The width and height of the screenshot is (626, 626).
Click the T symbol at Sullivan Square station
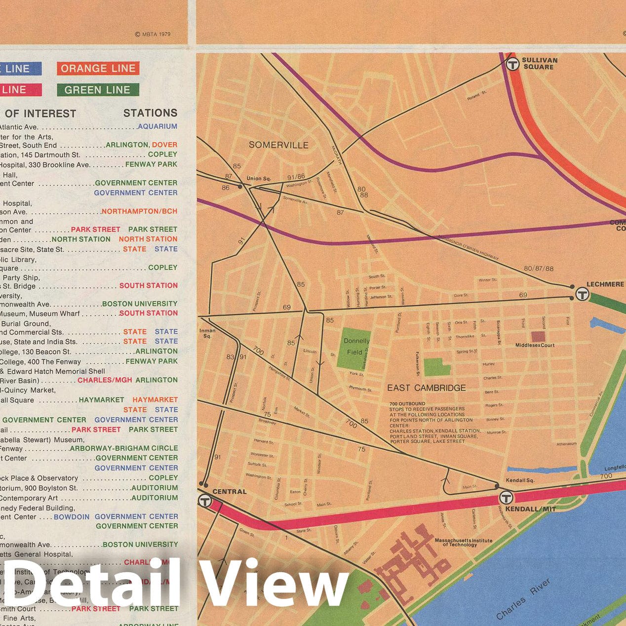[x=512, y=64]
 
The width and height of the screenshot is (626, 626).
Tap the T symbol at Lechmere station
[x=582, y=295]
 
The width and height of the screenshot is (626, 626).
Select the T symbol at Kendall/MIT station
[x=506, y=498]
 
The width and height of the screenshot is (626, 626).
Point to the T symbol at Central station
[x=205, y=501]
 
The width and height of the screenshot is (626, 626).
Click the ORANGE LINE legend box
[x=98, y=69]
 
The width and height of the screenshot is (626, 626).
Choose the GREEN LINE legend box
[x=97, y=90]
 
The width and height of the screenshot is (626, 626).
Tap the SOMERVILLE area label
[x=278, y=145]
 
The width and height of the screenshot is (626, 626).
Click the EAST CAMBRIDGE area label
[x=426, y=388]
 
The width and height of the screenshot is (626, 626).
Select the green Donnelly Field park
[x=354, y=348]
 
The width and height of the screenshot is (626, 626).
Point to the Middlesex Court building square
[x=538, y=337]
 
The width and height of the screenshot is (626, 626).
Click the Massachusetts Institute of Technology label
[x=463, y=542]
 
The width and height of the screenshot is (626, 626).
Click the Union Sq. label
[x=259, y=178]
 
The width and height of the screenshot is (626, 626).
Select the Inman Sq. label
[x=207, y=333]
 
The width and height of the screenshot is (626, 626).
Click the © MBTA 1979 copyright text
[x=153, y=35]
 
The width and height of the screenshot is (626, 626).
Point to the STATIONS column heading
[x=150, y=113]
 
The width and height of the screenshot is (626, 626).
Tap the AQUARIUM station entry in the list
[x=157, y=126]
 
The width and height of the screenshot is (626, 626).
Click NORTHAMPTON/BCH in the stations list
[x=139, y=211]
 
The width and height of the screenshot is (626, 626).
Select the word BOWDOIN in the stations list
[x=72, y=517]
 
